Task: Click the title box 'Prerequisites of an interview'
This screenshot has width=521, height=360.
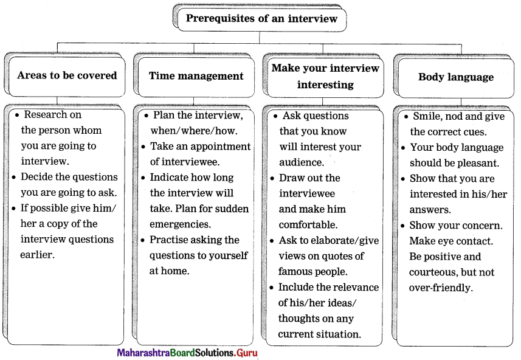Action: [262, 19]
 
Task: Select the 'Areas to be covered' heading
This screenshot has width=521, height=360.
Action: [67, 75]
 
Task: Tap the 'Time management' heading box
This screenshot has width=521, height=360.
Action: [196, 77]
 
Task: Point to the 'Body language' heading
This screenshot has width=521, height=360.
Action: [456, 77]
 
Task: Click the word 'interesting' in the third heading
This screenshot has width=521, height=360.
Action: [325, 85]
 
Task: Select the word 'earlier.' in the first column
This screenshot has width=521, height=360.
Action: [37, 255]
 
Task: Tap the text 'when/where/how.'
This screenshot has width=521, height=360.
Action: [194, 131]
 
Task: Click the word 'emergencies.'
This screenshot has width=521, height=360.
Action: [180, 224]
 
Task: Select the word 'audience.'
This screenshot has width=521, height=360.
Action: [302, 162]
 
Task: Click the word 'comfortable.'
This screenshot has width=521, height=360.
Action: [308, 225]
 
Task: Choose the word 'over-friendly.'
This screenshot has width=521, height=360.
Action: [441, 288]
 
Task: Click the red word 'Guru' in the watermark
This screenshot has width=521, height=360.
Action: [247, 353]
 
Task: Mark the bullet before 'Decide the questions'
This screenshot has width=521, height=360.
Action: [13, 177]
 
